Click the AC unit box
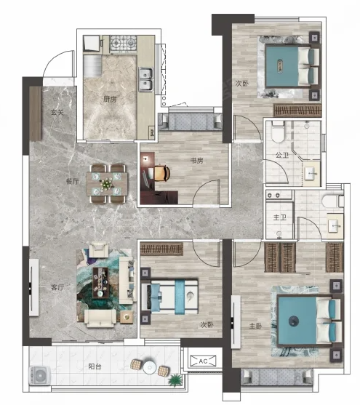click(x=203, y=361)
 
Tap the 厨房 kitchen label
click(x=110, y=99)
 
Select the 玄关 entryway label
click(x=57, y=113)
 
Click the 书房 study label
click(x=196, y=161)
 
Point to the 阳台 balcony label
click(x=95, y=366)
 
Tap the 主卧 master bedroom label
click(x=255, y=326)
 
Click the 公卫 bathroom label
click(x=282, y=155)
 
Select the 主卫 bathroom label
click(x=279, y=217)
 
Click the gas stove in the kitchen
click(x=124, y=43)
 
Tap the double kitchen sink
click(x=145, y=79)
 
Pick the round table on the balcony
click(x=150, y=366)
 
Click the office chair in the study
click(x=162, y=173)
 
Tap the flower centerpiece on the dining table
click(x=106, y=184)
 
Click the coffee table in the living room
click(x=101, y=282)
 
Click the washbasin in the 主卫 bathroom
click(x=335, y=226)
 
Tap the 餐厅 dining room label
click(x=72, y=181)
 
